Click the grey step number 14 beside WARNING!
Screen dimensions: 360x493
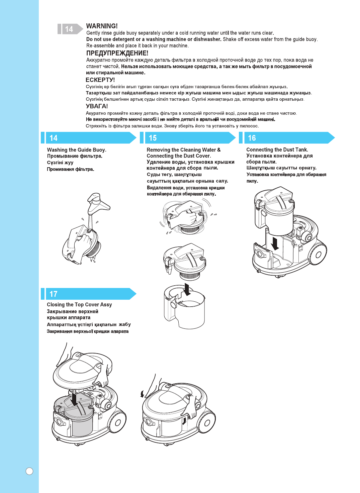(x=69, y=29)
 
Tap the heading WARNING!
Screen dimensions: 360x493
(x=102, y=26)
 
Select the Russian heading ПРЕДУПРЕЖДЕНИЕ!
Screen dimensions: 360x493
(x=117, y=53)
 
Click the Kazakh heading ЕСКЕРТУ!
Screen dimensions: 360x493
(x=100, y=80)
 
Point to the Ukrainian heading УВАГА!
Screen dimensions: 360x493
(x=97, y=106)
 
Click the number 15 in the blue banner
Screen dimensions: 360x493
(x=153, y=138)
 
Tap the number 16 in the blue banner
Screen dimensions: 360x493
(x=252, y=138)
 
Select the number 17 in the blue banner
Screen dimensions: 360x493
(x=54, y=294)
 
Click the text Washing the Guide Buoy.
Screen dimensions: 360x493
(x=77, y=150)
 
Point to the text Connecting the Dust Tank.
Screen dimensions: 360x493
(x=277, y=150)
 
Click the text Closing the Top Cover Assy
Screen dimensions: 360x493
(x=79, y=305)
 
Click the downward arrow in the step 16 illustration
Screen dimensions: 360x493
(x=275, y=243)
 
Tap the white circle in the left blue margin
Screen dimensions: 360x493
(x=29, y=471)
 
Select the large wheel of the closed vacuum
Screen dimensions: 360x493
(x=206, y=423)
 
